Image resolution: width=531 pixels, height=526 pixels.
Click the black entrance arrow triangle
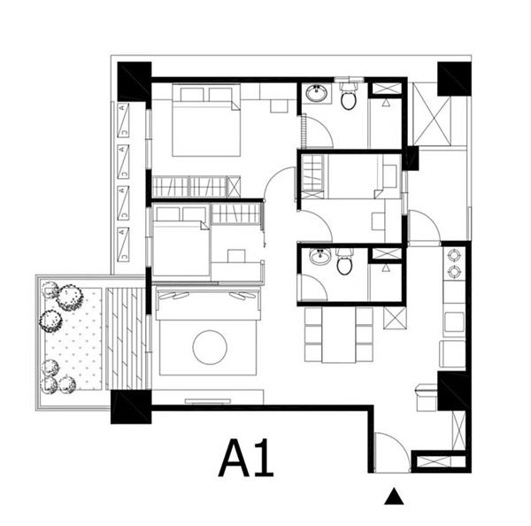[x=394, y=497]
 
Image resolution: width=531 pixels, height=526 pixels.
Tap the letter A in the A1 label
[x=234, y=458]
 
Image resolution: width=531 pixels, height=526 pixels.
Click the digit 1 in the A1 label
[x=265, y=458]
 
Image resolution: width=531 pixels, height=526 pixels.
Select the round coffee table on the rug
[x=210, y=347]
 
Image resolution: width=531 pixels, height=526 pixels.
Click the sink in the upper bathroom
[x=317, y=93]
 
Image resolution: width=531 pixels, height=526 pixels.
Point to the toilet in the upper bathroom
[x=349, y=97]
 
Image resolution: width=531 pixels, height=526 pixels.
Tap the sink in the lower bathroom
[x=320, y=256]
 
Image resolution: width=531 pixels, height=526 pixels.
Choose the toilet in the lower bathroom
[x=345, y=261]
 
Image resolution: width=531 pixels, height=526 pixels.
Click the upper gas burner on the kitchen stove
[x=454, y=255]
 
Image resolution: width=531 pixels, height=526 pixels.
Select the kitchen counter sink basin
[x=454, y=321]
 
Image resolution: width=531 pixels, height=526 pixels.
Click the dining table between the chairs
[x=339, y=335]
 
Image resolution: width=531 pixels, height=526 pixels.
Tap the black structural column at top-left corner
[x=135, y=81]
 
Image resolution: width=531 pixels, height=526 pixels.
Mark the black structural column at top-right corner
[x=454, y=79]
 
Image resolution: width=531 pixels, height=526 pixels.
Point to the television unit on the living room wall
[x=208, y=401]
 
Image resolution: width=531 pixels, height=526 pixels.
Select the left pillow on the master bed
[x=192, y=95]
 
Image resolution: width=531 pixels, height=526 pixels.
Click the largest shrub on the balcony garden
[x=70, y=298]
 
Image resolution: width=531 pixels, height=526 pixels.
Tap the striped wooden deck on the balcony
[x=126, y=338]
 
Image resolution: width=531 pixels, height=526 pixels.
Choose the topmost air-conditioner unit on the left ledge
[x=123, y=120]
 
